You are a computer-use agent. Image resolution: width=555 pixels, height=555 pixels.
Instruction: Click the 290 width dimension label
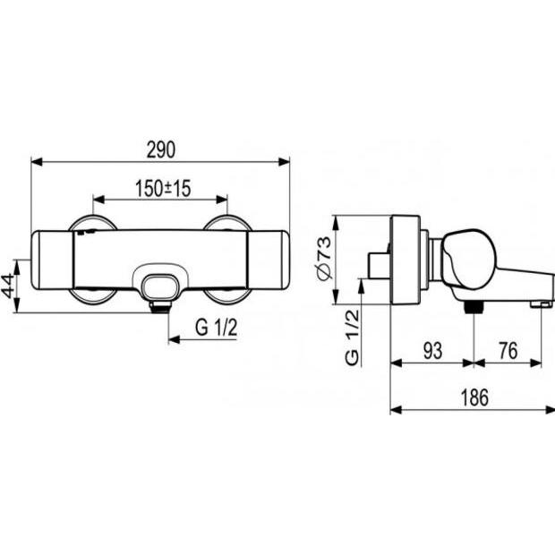point(161,149)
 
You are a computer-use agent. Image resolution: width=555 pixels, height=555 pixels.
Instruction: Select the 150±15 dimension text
point(163,188)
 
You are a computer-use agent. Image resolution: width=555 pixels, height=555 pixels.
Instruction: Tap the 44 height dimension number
point(8,286)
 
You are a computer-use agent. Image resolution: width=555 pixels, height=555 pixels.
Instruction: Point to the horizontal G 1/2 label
point(216,327)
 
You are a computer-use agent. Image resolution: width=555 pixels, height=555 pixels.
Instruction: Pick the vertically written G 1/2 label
point(352,337)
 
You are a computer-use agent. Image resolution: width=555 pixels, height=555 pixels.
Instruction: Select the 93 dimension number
point(432,350)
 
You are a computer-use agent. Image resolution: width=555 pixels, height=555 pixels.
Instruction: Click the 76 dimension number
point(508,350)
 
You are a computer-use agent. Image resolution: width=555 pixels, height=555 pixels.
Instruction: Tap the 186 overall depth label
point(474,397)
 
